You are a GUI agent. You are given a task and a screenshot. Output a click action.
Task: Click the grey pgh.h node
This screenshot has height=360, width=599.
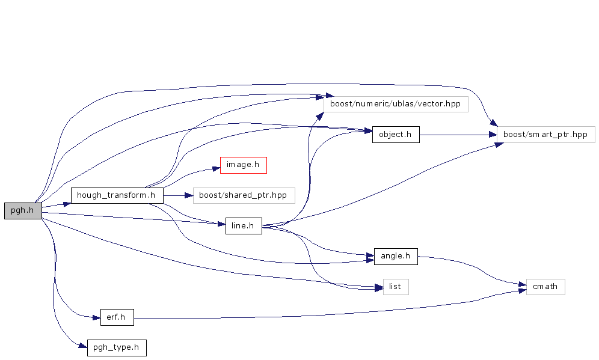click(x=23, y=211)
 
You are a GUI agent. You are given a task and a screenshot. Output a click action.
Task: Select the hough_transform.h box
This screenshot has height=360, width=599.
click(x=117, y=195)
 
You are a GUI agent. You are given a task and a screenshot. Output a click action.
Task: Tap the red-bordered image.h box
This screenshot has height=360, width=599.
click(x=243, y=165)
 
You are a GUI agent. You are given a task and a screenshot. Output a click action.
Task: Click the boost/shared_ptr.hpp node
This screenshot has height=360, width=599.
click(x=244, y=195)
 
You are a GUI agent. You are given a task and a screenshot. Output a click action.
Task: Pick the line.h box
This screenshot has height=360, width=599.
click(x=243, y=227)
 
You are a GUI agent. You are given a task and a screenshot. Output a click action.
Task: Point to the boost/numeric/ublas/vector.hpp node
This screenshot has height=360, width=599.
click(x=395, y=104)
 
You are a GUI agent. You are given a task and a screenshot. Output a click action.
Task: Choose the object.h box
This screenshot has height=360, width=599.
click(x=395, y=135)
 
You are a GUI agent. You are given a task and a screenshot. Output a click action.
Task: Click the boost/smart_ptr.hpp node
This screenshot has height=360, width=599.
click(x=545, y=135)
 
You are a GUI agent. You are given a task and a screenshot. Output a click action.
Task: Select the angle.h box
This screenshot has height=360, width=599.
click(x=395, y=256)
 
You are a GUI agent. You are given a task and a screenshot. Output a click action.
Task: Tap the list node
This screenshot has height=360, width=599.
click(x=395, y=287)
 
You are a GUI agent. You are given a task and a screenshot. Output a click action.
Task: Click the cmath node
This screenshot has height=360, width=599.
click(x=545, y=287)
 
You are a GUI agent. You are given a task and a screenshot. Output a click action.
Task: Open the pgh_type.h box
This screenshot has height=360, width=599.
click(x=117, y=348)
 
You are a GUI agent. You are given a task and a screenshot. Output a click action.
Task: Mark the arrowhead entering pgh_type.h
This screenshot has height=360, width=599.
click(x=84, y=346)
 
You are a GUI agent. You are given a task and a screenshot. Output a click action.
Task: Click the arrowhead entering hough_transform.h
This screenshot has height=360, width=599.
click(x=67, y=203)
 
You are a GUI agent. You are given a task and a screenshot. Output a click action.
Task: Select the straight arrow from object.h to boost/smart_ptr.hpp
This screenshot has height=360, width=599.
click(x=457, y=135)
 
